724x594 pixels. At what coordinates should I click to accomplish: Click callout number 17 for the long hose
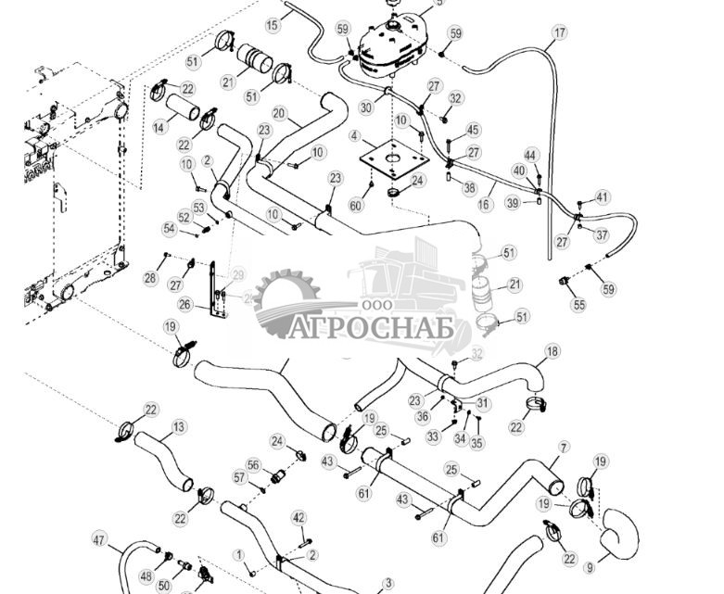[559, 33]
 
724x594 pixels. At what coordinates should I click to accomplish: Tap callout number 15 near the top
[273, 25]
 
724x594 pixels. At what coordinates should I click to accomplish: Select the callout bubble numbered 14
[159, 127]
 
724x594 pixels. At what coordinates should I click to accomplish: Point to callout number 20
[279, 115]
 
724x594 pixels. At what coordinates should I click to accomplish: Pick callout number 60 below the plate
[356, 204]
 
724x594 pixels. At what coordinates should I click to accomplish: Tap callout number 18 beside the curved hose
[552, 351]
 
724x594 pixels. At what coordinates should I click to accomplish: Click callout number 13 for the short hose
[179, 427]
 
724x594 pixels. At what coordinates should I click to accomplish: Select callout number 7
[562, 448]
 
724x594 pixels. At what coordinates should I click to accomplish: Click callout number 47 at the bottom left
[100, 538]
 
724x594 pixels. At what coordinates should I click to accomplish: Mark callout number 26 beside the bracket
[184, 304]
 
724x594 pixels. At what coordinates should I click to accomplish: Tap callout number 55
[578, 304]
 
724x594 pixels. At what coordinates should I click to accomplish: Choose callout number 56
[253, 465]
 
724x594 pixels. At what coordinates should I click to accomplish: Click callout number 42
[298, 516]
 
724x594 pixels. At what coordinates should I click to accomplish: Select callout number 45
[473, 130]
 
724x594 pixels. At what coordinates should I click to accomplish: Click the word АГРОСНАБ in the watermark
[380, 329]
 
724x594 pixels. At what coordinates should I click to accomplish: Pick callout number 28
[150, 278]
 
